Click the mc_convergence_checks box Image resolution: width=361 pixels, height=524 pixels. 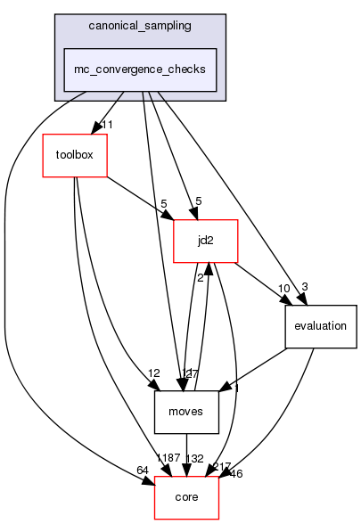pos(140,69)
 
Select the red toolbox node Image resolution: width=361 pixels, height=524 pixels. pos(76,154)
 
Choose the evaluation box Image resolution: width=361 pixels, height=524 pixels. pos(320,325)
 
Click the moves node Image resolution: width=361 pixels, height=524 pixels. pos(186,411)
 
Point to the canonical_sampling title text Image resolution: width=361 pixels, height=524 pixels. pos(140,24)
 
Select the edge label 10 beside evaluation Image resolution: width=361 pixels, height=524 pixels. pos(283,288)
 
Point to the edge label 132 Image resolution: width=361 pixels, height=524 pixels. pos(196,458)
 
